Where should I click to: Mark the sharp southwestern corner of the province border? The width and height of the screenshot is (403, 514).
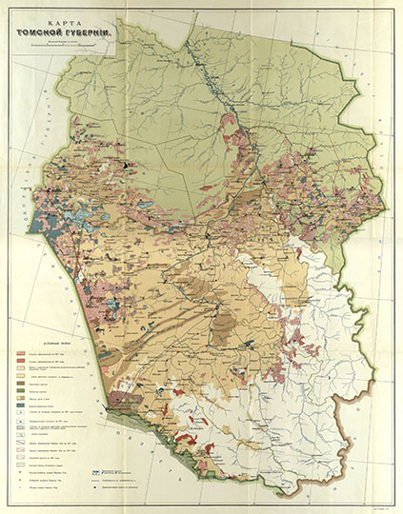[x=108, y=404]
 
